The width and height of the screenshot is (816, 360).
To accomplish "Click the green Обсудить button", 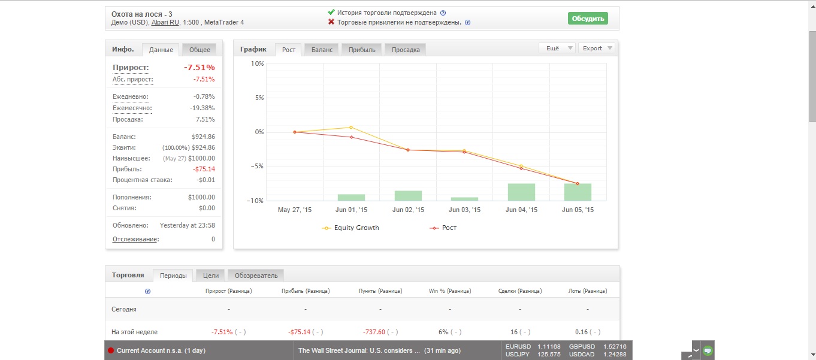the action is tap(588, 19).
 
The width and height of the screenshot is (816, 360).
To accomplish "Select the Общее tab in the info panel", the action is tap(200, 50).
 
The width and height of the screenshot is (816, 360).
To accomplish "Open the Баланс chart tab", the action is tap(322, 50).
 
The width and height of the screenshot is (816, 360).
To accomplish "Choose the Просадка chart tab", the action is tap(406, 50).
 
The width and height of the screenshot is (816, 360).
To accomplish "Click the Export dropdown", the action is tap(597, 48).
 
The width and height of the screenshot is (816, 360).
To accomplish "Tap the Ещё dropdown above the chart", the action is tap(557, 48).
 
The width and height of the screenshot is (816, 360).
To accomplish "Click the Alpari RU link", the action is tap(165, 22).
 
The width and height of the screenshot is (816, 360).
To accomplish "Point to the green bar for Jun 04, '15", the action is tap(521, 192).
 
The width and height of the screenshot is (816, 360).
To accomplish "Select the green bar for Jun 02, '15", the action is tap(408, 196).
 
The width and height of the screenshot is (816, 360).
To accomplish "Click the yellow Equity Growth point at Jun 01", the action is tap(351, 128).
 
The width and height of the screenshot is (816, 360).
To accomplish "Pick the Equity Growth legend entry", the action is tap(350, 228).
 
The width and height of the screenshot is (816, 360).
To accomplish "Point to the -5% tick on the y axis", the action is tap(257, 166).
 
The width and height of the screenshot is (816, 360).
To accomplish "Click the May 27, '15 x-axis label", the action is tap(294, 210).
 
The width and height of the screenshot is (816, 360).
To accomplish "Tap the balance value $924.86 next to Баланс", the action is tap(203, 137).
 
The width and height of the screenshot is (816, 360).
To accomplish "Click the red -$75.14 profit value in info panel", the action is tap(204, 169).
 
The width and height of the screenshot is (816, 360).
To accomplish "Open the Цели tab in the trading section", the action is tap(210, 276).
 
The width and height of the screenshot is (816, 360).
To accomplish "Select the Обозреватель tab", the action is tap(256, 276).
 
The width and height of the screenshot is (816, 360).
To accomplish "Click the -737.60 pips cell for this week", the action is tap(374, 332).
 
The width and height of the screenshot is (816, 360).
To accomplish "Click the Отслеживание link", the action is tap(135, 239).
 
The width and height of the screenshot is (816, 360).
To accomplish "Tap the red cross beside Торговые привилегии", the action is tap(331, 22).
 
